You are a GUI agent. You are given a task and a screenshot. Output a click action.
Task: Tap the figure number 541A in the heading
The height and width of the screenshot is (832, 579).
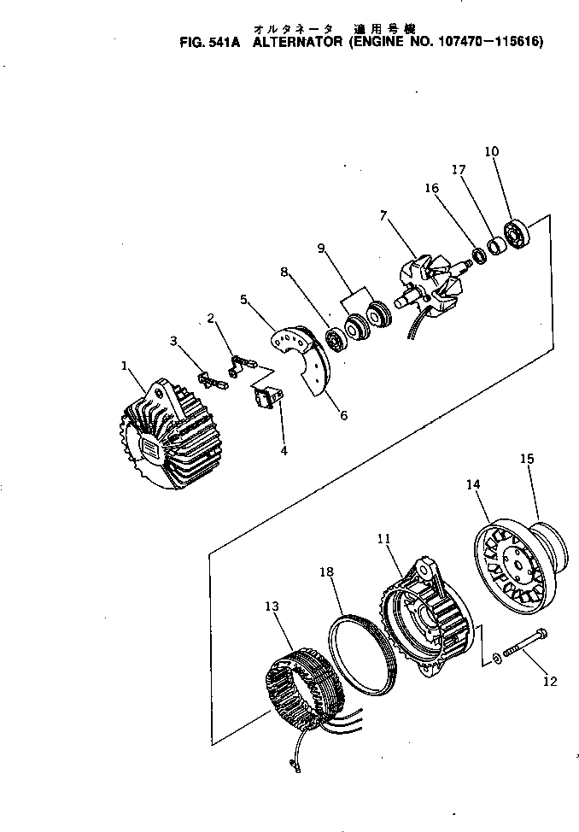pos(220,40)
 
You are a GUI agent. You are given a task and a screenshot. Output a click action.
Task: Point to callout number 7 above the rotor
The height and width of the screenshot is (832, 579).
pos(383,216)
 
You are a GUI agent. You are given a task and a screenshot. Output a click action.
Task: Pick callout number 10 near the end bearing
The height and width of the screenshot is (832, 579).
pos(491,152)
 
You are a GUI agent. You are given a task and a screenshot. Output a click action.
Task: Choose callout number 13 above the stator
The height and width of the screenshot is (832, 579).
pos(272,606)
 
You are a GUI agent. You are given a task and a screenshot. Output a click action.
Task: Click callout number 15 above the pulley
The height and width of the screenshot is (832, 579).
pos(527,459)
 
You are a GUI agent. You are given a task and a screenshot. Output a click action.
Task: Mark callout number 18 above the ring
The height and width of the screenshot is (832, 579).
pos(326,571)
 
